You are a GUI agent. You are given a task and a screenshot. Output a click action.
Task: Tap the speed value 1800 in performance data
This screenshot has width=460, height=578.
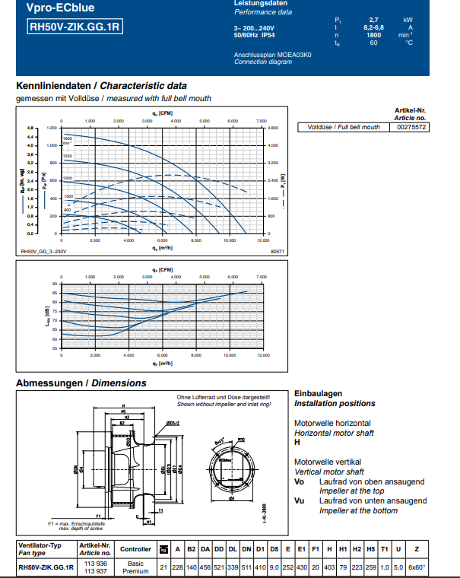tap(373, 34)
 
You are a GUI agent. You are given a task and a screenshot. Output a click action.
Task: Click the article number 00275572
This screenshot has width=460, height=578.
tap(412, 127)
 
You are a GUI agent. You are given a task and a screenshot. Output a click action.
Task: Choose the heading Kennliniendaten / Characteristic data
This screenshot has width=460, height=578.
tap(101, 86)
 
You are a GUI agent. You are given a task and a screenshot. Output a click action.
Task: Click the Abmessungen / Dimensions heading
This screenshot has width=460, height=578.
tap(81, 383)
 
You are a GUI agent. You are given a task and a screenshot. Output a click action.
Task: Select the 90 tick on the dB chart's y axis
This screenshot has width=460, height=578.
tap(54, 284)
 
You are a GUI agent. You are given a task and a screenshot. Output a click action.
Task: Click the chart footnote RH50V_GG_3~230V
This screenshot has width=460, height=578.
tap(44, 250)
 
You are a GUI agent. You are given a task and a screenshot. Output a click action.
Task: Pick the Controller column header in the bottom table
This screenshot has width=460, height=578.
tap(135, 548)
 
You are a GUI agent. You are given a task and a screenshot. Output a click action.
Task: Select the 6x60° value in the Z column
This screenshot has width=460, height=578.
tap(417, 567)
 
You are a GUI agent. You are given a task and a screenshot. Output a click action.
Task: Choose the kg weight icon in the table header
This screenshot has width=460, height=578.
tap(163, 548)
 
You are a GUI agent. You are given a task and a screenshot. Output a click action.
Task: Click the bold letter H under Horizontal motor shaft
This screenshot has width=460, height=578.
tap(297, 441)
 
